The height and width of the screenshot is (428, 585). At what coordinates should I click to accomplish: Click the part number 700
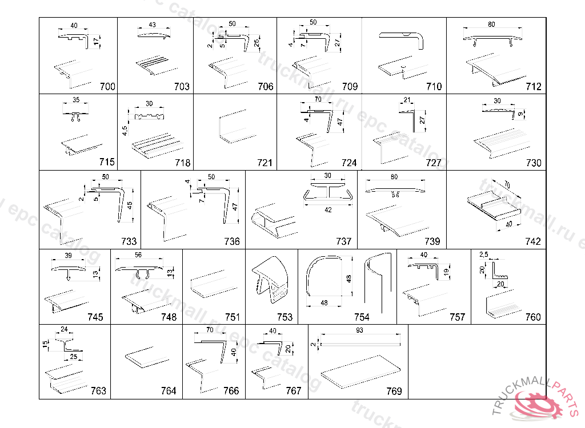coord(107,87)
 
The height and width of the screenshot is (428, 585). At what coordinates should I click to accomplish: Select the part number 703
coord(182,87)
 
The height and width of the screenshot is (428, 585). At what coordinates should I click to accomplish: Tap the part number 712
coord(534,87)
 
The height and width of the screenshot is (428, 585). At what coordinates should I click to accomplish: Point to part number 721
coord(265,163)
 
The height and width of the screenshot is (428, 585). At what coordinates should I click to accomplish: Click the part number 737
coord(344,241)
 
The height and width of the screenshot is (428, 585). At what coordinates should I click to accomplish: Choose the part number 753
coord(285,317)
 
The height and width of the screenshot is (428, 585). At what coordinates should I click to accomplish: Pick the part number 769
coord(394,391)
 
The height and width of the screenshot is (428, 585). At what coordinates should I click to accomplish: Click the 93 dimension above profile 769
coord(359,330)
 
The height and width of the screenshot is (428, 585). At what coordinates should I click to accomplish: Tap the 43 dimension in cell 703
coord(152,25)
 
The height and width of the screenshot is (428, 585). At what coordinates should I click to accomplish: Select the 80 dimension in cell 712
coord(491,25)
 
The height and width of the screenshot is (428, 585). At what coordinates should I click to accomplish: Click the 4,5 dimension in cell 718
coord(125,131)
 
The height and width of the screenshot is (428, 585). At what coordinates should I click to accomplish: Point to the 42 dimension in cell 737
coord(327,209)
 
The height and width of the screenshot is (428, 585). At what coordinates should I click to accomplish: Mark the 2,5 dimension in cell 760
coord(483,253)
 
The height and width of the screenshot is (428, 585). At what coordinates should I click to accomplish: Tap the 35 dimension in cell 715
coord(75,100)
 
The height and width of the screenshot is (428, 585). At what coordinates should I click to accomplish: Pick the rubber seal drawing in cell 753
coord(270,280)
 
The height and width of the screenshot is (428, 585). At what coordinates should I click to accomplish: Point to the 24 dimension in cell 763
coord(64,329)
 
